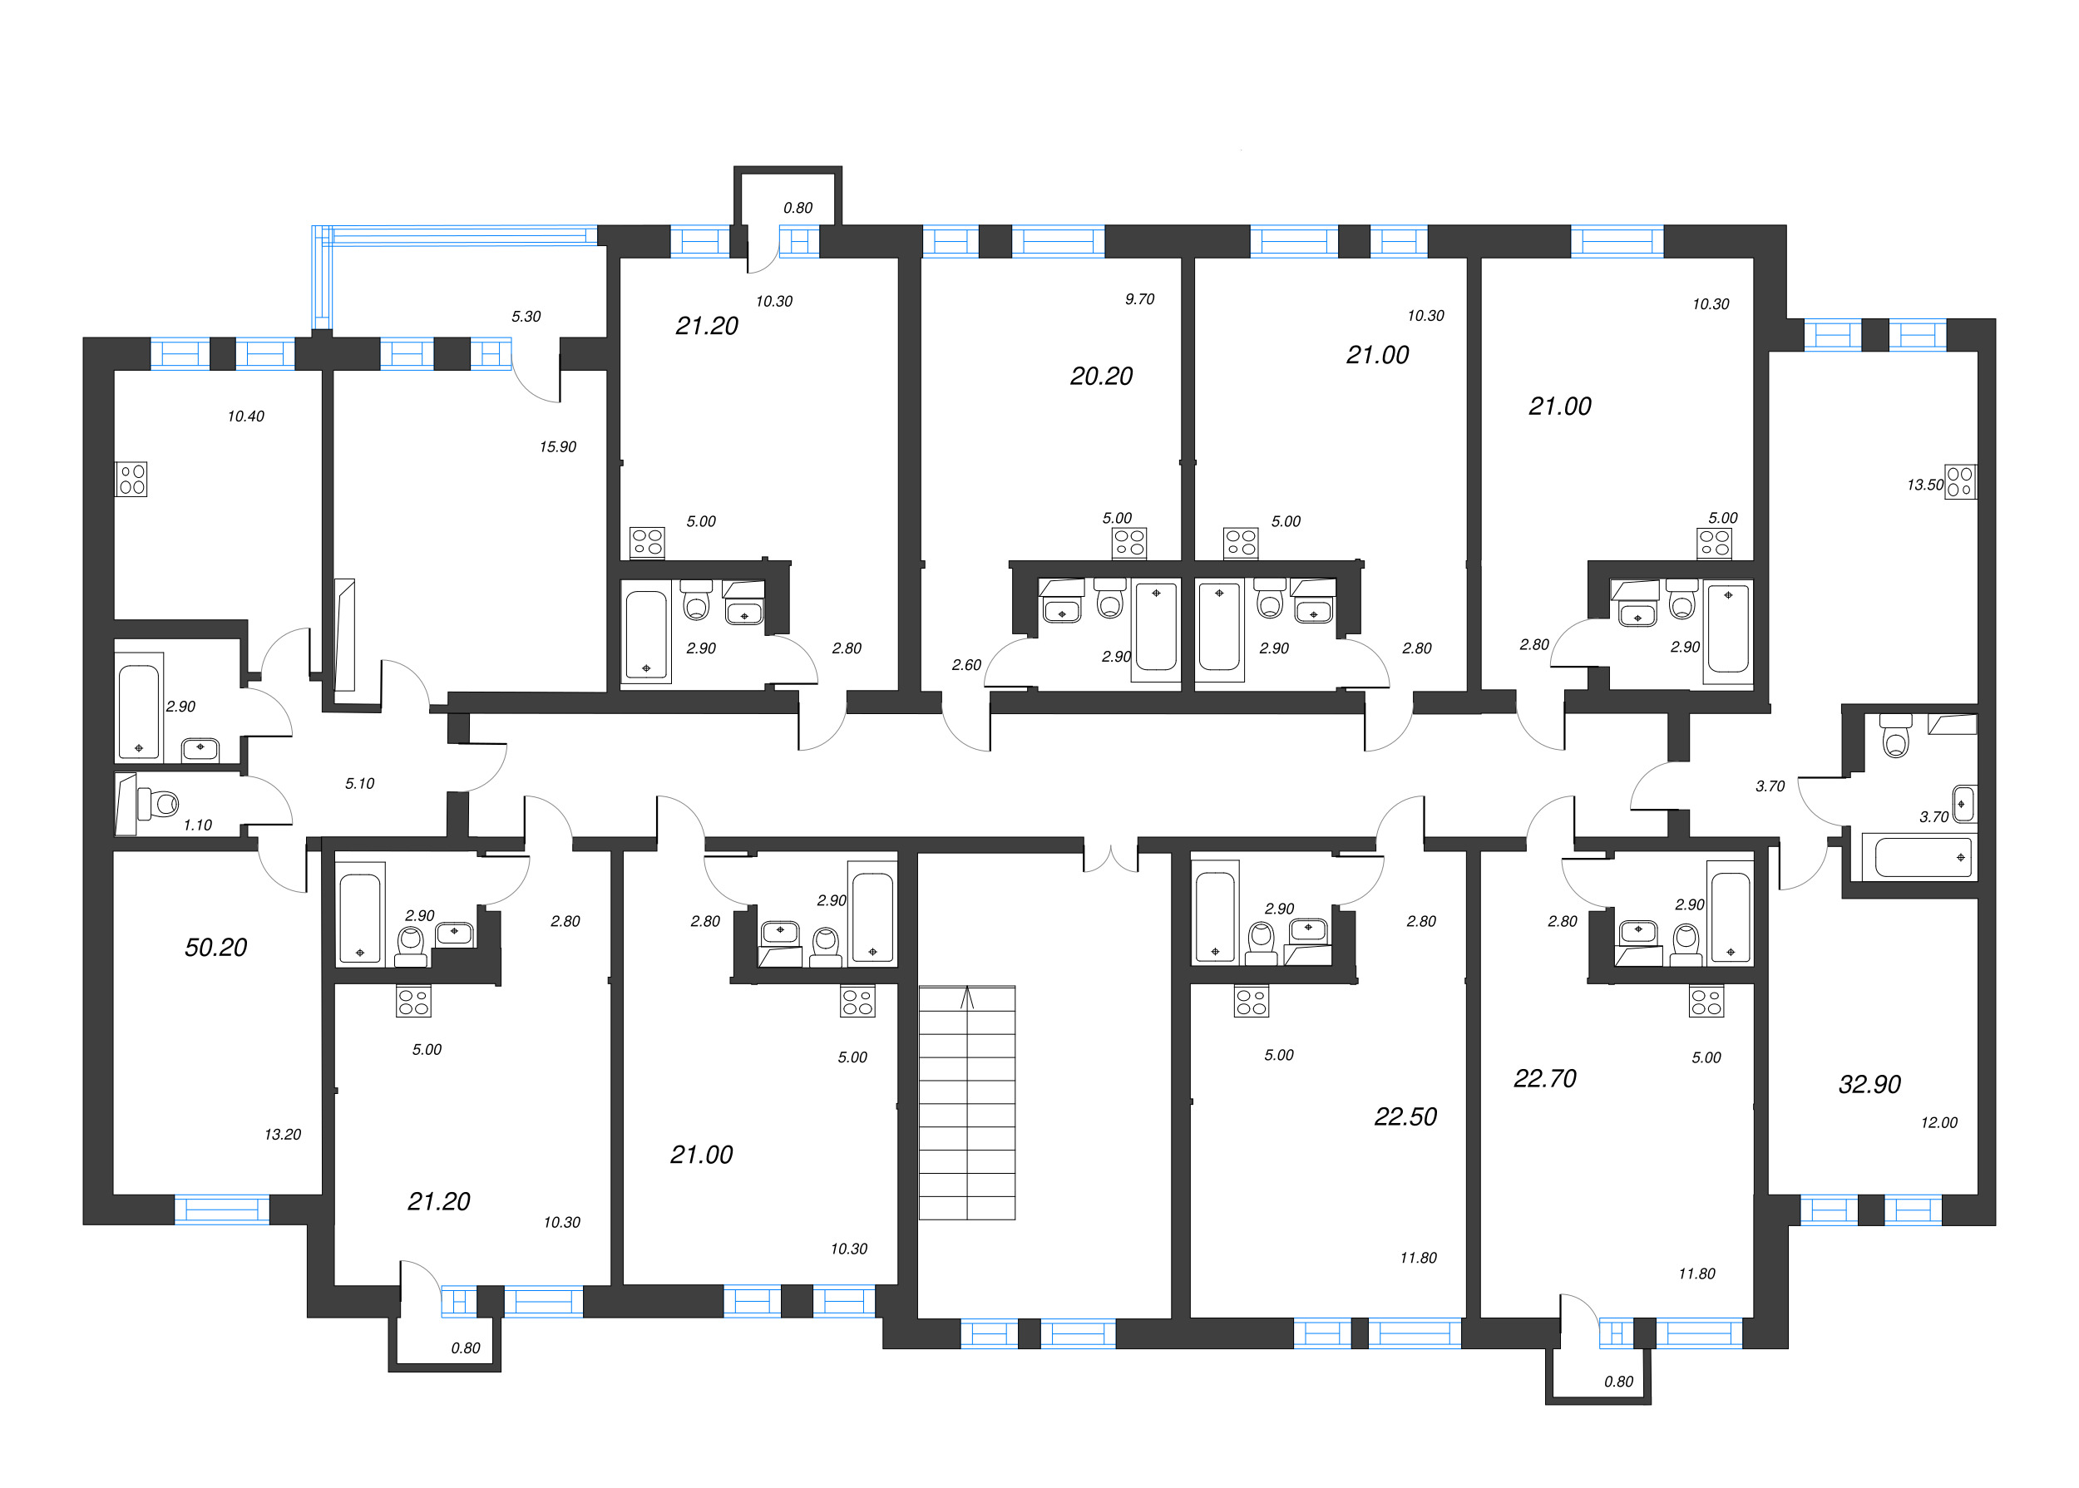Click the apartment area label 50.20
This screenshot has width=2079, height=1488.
[215, 948]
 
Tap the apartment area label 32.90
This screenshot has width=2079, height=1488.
[1869, 1084]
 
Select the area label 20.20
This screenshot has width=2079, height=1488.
[1101, 376]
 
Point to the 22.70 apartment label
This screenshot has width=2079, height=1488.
[1544, 1078]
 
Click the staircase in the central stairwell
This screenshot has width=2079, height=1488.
[966, 1102]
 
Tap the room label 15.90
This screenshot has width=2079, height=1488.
[557, 447]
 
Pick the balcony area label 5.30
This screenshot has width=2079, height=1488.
[526, 316]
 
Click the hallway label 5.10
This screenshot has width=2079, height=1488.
[359, 783]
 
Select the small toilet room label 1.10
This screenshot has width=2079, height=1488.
[197, 825]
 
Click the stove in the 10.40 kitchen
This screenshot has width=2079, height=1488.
[131, 479]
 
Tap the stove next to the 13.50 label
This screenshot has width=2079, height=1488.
[1960, 482]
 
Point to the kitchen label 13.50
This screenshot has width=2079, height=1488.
[1924, 485]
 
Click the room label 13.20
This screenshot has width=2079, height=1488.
[283, 1135]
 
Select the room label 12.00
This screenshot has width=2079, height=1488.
[1938, 1122]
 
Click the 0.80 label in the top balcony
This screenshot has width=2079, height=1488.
[798, 208]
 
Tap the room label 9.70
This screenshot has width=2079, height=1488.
[1139, 298]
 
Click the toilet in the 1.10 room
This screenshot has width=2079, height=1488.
[160, 805]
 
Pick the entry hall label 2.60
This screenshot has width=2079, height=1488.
[966, 665]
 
